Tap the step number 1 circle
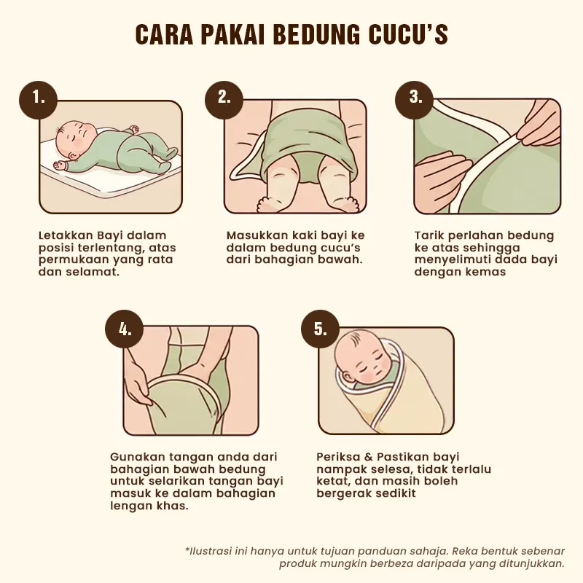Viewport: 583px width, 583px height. [39, 100]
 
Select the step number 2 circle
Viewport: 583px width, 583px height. [224, 99]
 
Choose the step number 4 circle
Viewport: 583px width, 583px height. [125, 329]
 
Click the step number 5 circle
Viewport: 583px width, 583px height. [320, 329]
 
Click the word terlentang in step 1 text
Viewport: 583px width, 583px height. [108, 248]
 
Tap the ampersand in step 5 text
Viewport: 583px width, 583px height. [369, 457]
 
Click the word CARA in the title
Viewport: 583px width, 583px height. [163, 34]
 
